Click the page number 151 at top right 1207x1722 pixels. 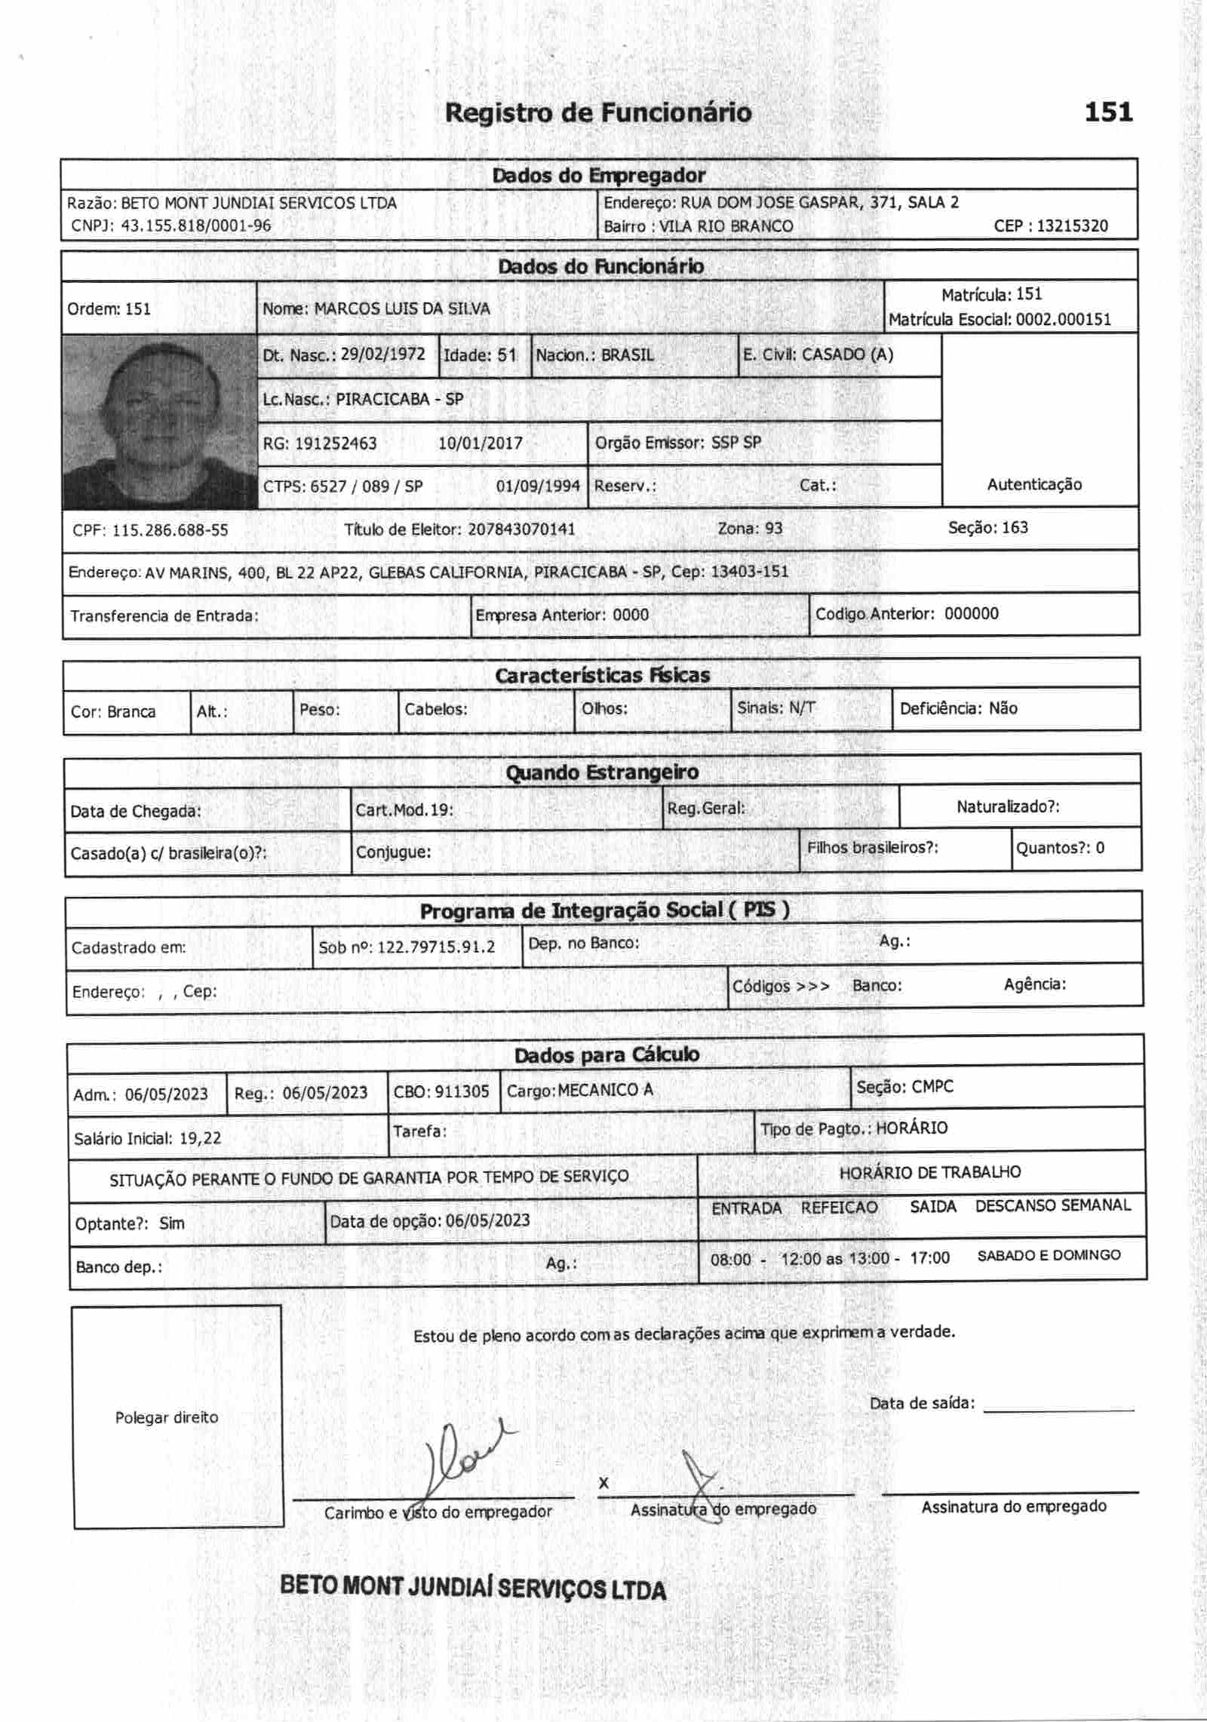pyautogui.click(x=1108, y=112)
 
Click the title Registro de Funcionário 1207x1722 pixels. pyautogui.click(x=597, y=113)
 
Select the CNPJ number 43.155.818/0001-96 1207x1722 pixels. pyautogui.click(x=195, y=226)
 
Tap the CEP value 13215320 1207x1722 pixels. pyautogui.click(x=1072, y=226)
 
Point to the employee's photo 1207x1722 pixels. pyautogui.click(x=159, y=421)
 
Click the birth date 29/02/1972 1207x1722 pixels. pyautogui.click(x=382, y=355)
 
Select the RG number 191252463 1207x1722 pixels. pyautogui.click(x=335, y=444)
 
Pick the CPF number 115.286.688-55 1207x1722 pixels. pyautogui.click(x=170, y=530)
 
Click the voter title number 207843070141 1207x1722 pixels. pyautogui.click(x=521, y=529)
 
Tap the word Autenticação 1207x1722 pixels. pyautogui.click(x=1033, y=484)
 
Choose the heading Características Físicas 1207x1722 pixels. pyautogui.click(x=602, y=675)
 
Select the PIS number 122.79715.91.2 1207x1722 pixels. pyautogui.click(x=436, y=947)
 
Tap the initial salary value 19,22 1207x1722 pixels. pyautogui.click(x=200, y=1138)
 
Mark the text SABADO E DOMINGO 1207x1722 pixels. pyautogui.click(x=1049, y=1255)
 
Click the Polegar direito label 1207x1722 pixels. pyautogui.click(x=167, y=1417)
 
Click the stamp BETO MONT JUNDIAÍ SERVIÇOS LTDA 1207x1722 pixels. pyautogui.click(x=473, y=1588)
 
